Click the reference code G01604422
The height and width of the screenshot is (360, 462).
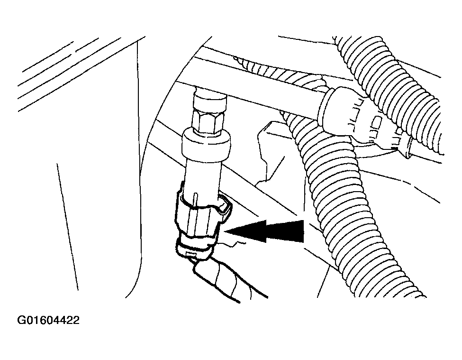48,320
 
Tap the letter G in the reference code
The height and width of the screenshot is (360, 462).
21,320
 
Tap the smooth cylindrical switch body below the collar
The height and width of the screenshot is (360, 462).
203,177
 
